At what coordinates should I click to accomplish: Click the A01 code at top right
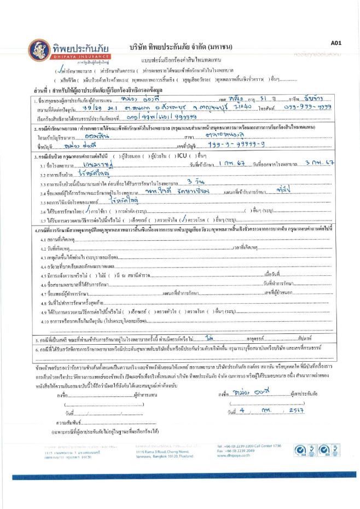pos(336,42)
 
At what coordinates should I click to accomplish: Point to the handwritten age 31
pos(246,100)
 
